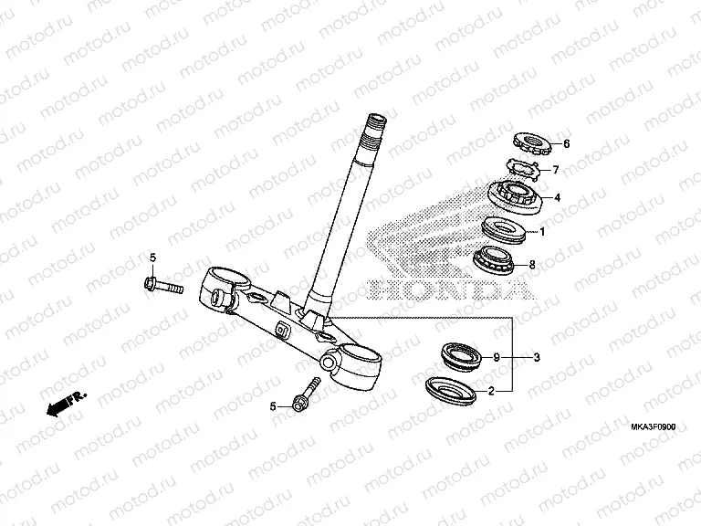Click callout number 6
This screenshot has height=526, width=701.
(565, 144)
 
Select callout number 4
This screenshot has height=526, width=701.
(557, 197)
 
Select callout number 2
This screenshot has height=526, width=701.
(491, 391)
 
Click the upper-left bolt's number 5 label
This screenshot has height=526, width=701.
(153, 257)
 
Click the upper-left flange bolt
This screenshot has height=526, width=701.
(163, 286)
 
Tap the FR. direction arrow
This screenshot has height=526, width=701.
(67, 403)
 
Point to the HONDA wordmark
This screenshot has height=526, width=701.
(447, 289)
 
